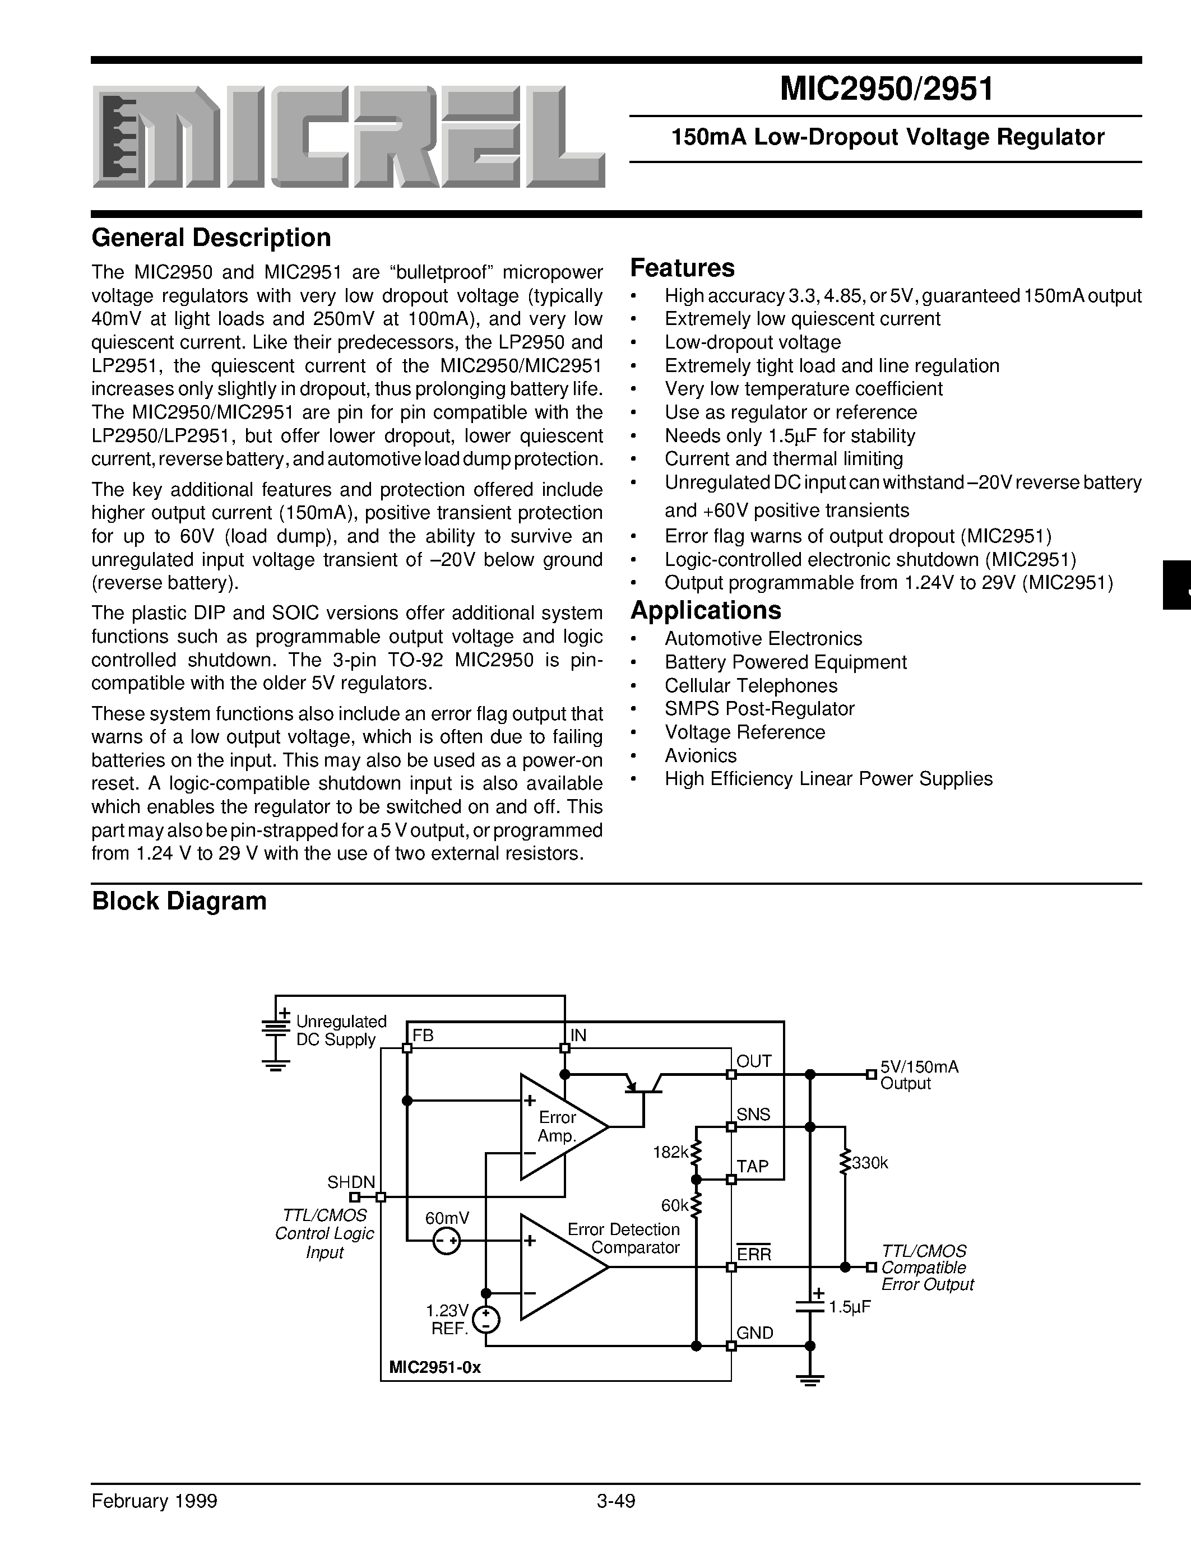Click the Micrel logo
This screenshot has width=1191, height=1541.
(348, 137)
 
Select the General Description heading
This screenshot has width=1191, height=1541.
(211, 238)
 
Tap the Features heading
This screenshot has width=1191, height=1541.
(682, 268)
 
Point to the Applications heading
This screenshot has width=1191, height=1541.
(706, 610)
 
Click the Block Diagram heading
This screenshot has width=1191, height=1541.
(179, 902)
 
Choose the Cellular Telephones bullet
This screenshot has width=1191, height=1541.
(750, 685)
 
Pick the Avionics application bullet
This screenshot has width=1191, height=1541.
(700, 756)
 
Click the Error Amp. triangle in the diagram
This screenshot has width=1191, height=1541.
(558, 1127)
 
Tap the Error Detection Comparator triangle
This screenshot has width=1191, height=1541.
(558, 1267)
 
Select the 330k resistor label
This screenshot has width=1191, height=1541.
(869, 1163)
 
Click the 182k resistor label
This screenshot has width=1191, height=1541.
(670, 1152)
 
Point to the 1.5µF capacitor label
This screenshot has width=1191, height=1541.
(850, 1307)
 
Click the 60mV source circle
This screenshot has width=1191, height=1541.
(447, 1241)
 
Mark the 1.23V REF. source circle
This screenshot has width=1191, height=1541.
(486, 1320)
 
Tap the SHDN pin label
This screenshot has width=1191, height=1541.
(351, 1182)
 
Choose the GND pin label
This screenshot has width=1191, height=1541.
(755, 1333)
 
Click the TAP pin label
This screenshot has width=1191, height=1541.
(753, 1166)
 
